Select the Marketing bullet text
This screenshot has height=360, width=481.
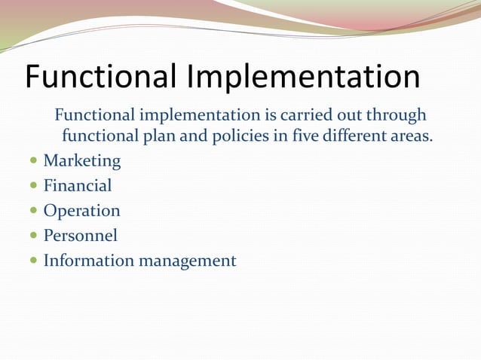coord(82,161)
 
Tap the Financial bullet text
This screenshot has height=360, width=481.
coord(78,186)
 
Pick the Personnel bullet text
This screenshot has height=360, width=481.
coord(81,236)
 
